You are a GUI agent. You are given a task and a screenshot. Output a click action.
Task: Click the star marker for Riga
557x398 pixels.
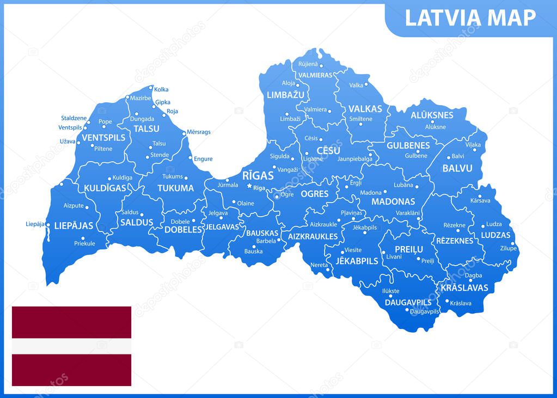click(249, 186)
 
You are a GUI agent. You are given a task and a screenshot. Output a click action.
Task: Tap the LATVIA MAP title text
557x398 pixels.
click(470, 18)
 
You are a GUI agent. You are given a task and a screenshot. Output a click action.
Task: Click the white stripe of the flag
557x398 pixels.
click(71, 346)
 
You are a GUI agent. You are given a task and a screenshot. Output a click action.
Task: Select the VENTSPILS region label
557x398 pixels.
click(103, 137)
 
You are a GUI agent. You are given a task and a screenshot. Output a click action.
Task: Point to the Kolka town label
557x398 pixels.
click(161, 89)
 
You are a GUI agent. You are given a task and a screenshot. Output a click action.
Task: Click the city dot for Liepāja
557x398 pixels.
click(48, 224)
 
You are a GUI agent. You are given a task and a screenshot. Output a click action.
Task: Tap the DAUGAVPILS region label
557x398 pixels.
click(408, 302)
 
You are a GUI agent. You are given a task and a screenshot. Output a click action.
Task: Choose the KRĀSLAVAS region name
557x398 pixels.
click(464, 287)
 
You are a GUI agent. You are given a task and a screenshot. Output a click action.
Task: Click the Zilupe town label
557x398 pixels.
click(509, 248)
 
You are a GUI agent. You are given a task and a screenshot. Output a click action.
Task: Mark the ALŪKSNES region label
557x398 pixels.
click(432, 115)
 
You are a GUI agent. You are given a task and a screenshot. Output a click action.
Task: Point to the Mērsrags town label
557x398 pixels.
click(198, 132)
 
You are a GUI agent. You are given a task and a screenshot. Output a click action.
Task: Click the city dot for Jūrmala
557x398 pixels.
click(227, 180)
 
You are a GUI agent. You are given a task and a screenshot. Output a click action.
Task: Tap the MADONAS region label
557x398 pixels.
click(393, 201)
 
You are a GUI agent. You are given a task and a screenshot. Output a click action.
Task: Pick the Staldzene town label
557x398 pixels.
click(74, 118)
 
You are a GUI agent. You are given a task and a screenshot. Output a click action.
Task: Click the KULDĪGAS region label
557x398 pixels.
click(105, 188)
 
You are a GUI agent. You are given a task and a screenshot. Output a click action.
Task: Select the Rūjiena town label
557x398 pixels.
click(308, 64)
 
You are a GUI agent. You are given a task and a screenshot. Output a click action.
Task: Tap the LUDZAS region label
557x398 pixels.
click(495, 235)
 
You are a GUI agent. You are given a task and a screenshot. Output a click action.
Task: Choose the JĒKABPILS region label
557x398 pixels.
click(357, 261)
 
